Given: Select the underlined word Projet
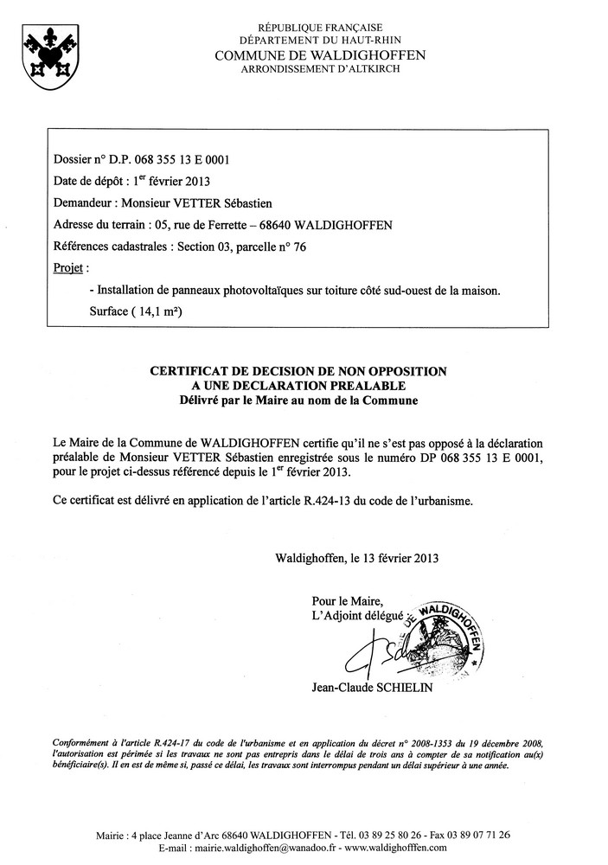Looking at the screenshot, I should [70, 268].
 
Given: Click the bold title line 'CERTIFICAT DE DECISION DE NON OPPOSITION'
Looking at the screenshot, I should [298, 371].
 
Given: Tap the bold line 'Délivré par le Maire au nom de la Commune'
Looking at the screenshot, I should [298, 400].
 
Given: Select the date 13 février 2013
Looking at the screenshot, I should [395, 558].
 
